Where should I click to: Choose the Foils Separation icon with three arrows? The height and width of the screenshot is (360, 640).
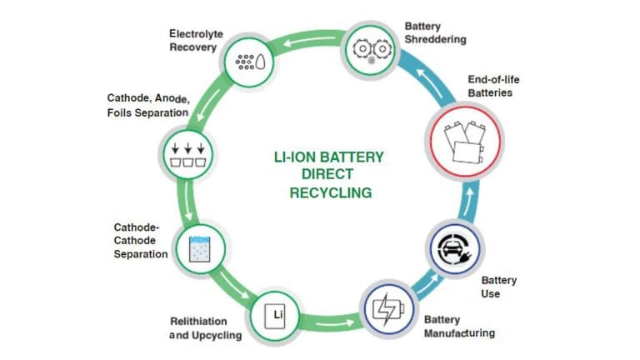click(186, 155)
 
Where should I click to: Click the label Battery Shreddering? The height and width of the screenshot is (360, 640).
click(436, 32)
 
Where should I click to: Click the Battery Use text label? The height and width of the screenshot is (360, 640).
click(499, 287)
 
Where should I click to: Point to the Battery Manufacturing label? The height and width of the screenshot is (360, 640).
click(459, 327)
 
